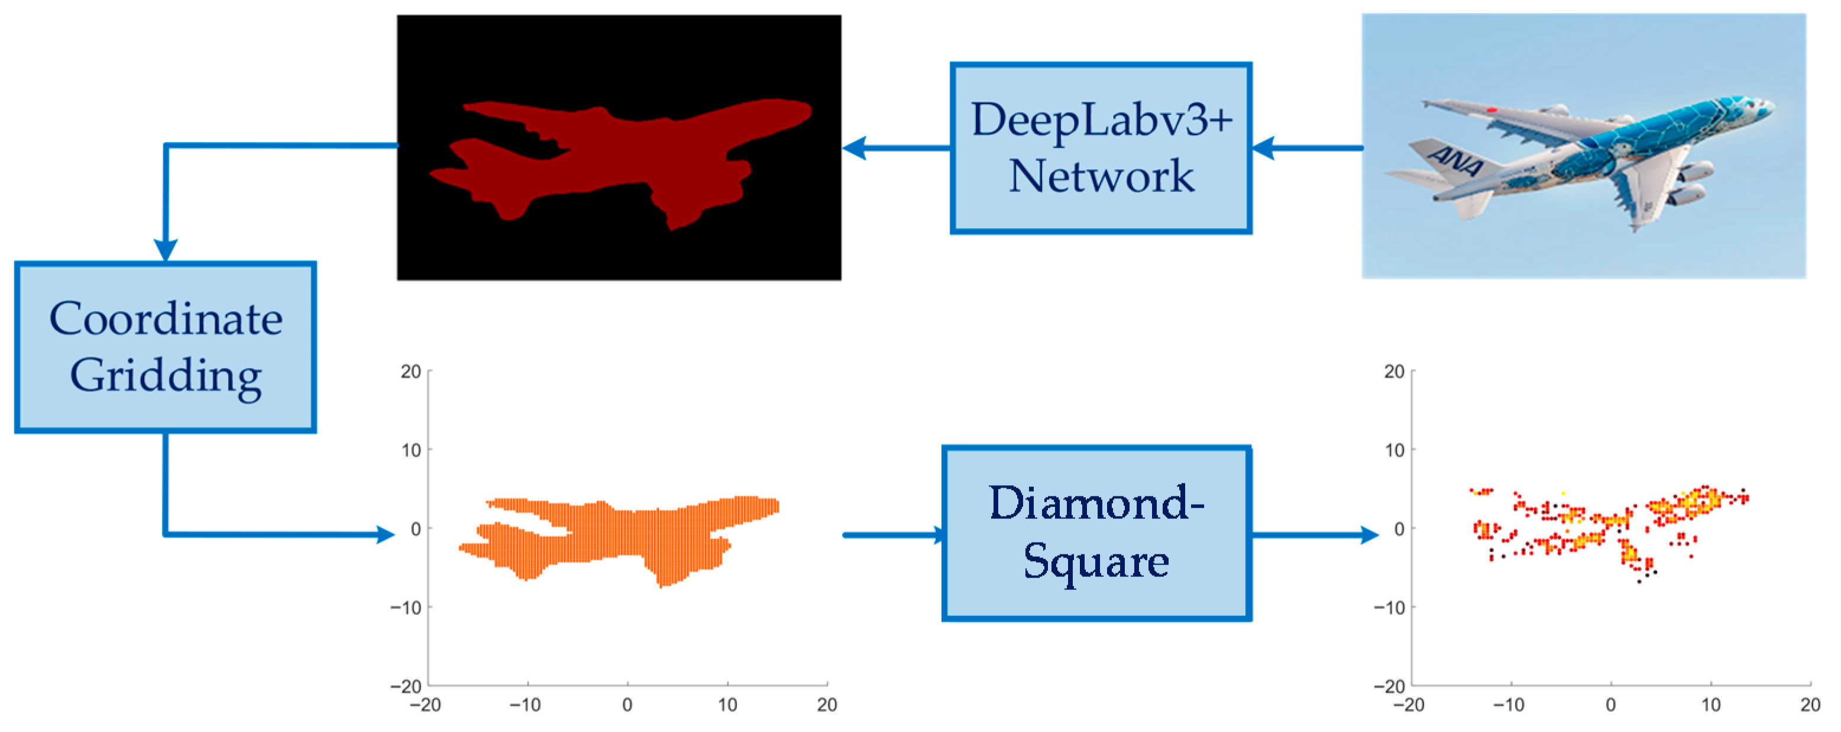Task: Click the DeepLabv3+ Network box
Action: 1101,148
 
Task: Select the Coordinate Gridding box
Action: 165,347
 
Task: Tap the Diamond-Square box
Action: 1096,533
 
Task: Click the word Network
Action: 1101,176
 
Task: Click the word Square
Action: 1096,562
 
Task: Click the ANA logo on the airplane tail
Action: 1454,161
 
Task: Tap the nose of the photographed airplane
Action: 1771,107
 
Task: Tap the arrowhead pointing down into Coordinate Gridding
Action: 165,250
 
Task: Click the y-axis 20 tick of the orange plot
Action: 411,372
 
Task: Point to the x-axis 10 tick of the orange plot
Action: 727,705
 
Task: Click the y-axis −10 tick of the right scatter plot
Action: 1389,608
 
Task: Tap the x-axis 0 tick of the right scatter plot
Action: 1611,705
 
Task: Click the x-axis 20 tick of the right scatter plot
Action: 1810,705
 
